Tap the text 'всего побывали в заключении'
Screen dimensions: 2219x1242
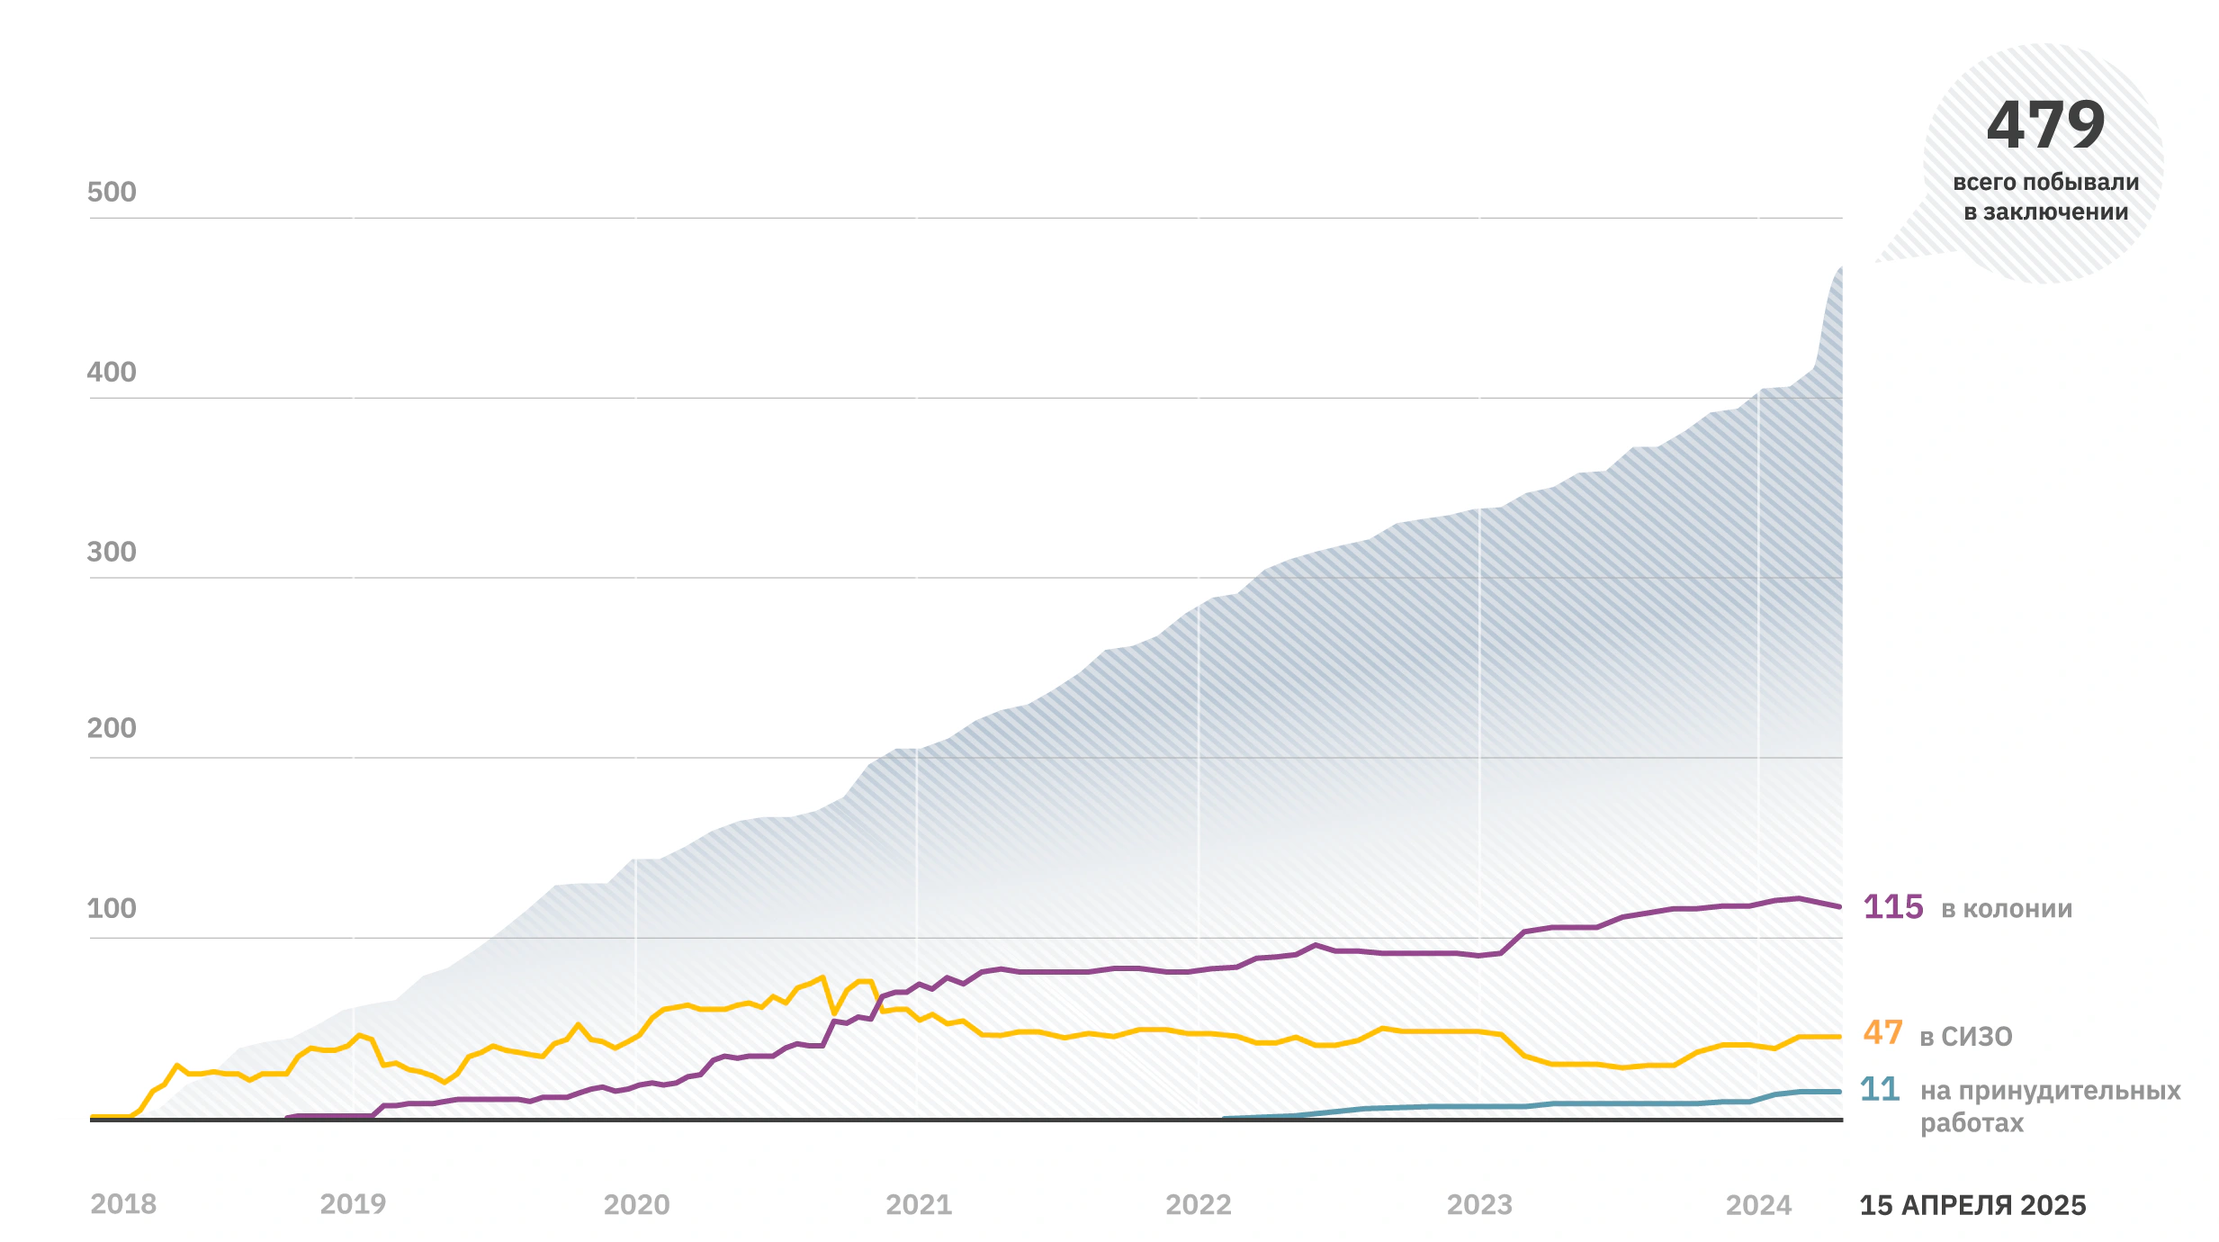point(2045,197)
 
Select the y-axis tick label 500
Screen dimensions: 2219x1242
point(112,192)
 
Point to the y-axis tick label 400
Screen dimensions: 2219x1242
point(112,372)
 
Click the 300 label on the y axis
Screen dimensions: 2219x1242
point(112,552)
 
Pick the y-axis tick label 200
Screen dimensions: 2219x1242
point(112,728)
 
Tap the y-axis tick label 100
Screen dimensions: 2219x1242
point(112,908)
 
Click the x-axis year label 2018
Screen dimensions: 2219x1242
point(123,1204)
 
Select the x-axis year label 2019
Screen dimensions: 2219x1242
point(353,1204)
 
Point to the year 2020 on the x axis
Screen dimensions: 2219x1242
point(636,1205)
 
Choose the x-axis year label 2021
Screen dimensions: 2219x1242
point(919,1205)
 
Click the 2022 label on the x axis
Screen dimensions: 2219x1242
point(1199,1205)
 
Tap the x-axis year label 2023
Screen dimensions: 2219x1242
point(1479,1205)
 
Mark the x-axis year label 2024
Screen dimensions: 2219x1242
point(1758,1205)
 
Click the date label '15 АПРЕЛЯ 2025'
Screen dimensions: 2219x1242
point(1972,1205)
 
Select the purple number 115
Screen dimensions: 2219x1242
point(1893,907)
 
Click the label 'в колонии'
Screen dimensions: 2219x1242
point(2007,909)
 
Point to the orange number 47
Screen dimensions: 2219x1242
point(1882,1032)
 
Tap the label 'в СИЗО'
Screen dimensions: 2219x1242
point(1966,1037)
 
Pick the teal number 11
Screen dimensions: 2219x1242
point(1880,1089)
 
